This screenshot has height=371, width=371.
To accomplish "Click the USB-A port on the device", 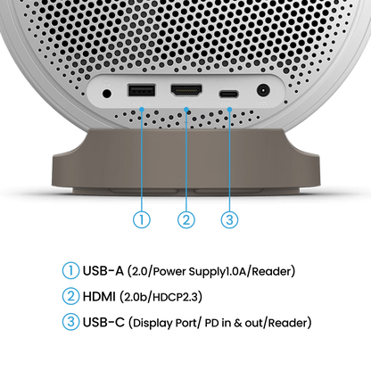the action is point(141,90).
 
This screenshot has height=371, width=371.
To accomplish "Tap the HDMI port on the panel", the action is point(186,90).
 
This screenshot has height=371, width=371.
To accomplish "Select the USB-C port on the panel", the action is point(228,95).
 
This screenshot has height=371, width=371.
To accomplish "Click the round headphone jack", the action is point(107,94).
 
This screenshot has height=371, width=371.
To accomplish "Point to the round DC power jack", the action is point(263,90).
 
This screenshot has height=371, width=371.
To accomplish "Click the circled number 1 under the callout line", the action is point(142,219).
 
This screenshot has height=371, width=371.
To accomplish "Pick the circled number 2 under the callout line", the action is point(186,219).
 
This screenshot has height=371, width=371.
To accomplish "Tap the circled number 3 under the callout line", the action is point(229,219).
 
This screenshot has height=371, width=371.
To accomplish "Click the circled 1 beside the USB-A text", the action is point(70,270).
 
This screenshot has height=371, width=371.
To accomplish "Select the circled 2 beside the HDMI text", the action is point(70,296).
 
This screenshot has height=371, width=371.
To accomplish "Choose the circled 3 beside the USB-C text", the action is point(70,322).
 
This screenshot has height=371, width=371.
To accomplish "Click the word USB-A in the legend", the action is point(103,271).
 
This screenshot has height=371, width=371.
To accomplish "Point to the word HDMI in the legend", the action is point(99,296).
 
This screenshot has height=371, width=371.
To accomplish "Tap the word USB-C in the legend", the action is point(103,322).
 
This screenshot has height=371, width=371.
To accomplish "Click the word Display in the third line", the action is point(153,323).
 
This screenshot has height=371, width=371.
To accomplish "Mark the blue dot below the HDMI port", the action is point(186,110).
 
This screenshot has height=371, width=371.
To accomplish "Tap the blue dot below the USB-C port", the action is point(229,110).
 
